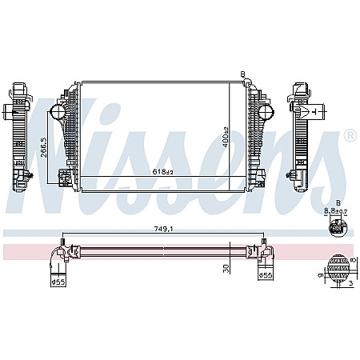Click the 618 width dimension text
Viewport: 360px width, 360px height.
163,171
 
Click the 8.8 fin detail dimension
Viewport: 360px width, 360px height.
336,211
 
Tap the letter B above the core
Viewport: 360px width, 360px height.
242,75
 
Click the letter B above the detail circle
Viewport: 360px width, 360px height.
337,203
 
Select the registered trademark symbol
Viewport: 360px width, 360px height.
350,137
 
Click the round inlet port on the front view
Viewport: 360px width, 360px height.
58,111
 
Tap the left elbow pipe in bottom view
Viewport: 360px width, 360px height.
58,258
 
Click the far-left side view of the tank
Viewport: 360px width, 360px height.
20,132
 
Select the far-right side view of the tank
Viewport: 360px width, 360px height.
303,132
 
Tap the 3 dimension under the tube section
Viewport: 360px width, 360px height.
350,282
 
